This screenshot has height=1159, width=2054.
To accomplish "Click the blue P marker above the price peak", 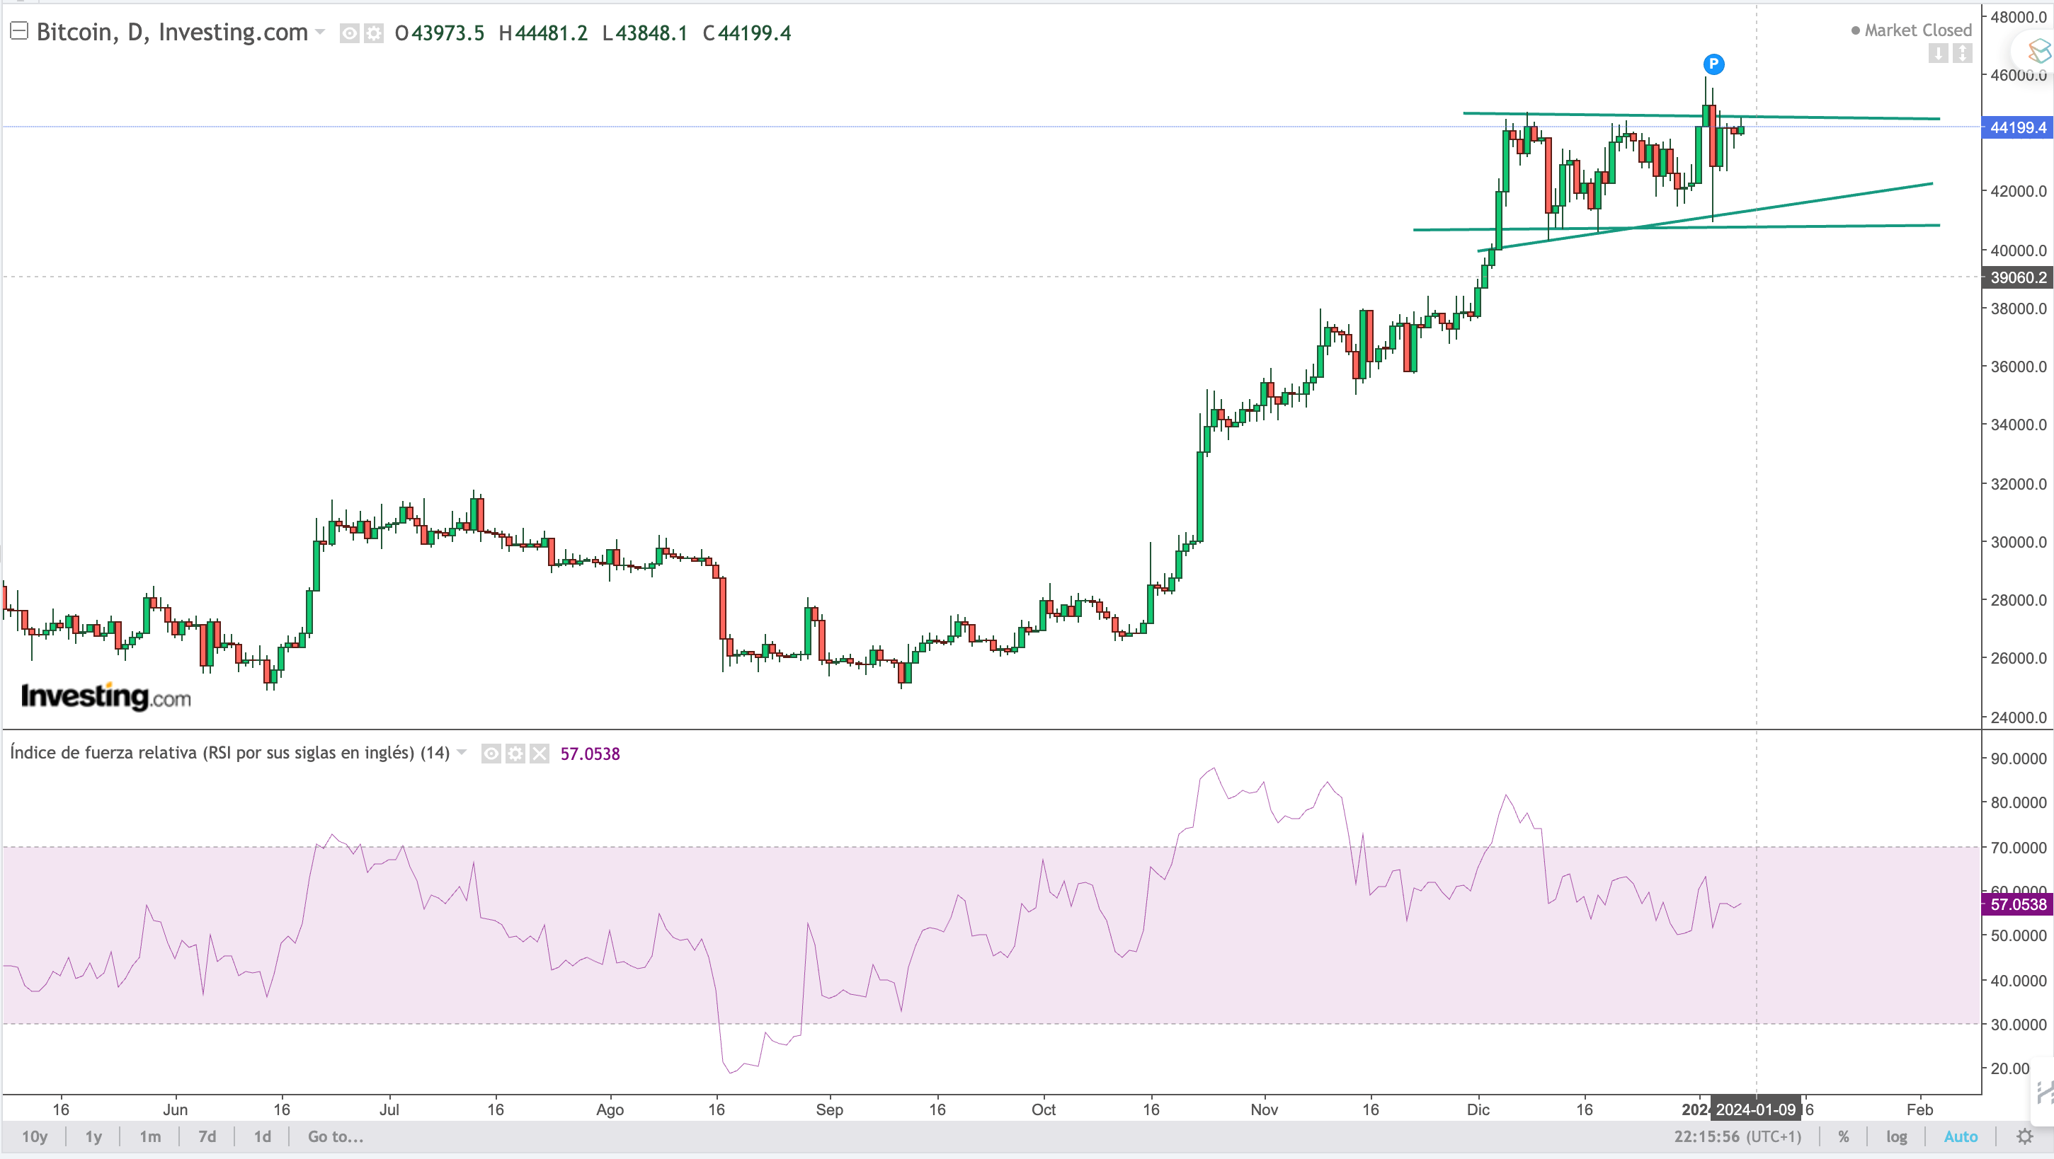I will click(x=1713, y=64).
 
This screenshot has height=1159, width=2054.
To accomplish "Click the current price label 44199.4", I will click(x=2017, y=127).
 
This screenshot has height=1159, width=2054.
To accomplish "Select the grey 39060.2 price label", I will click(x=2017, y=277).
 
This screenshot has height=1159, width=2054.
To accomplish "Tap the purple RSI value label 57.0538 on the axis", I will click(x=2017, y=904).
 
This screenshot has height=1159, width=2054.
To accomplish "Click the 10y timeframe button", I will click(x=34, y=1136).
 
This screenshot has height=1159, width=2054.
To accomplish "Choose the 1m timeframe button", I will click(x=150, y=1136).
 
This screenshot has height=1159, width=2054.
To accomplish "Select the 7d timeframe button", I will click(x=207, y=1136).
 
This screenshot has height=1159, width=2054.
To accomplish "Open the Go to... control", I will click(x=335, y=1136).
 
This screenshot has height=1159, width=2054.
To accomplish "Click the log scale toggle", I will click(x=1896, y=1136).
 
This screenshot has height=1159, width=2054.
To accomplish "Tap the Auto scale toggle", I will click(x=1960, y=1136).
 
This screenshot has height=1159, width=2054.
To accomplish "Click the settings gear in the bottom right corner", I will click(x=2024, y=1136).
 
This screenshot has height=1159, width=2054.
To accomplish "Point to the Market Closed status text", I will click(x=1917, y=30).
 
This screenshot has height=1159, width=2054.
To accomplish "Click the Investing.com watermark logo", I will click(x=106, y=697).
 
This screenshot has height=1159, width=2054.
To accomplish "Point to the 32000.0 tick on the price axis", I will click(x=2018, y=484).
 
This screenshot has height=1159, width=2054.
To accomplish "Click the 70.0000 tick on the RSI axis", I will click(x=2018, y=848).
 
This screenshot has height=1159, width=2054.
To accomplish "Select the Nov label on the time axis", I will click(x=1264, y=1109).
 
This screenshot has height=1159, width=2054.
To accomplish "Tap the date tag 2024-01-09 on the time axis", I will click(x=1755, y=1109).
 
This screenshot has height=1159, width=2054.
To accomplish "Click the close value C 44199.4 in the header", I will click(x=747, y=33).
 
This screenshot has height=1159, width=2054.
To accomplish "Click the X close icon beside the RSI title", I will click(x=540, y=754).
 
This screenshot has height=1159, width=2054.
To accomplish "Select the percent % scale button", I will click(x=1844, y=1136).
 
